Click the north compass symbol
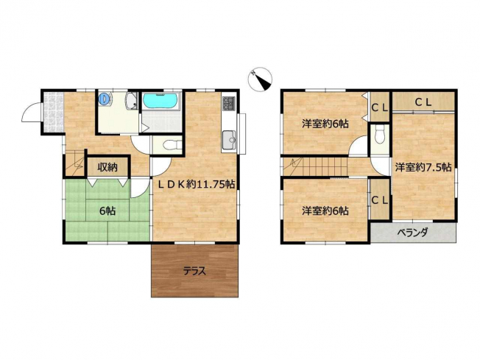260,79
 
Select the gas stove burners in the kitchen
229,103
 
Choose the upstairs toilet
380,135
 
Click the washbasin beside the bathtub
133,101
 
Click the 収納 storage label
107,167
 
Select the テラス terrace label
194,271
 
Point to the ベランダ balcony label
412,233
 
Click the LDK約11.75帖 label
196,184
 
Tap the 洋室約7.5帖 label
423,167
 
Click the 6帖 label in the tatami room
107,211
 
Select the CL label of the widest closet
423,102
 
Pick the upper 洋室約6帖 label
325,124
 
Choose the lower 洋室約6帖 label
325,211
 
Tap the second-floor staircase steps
314,166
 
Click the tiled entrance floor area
53,112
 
